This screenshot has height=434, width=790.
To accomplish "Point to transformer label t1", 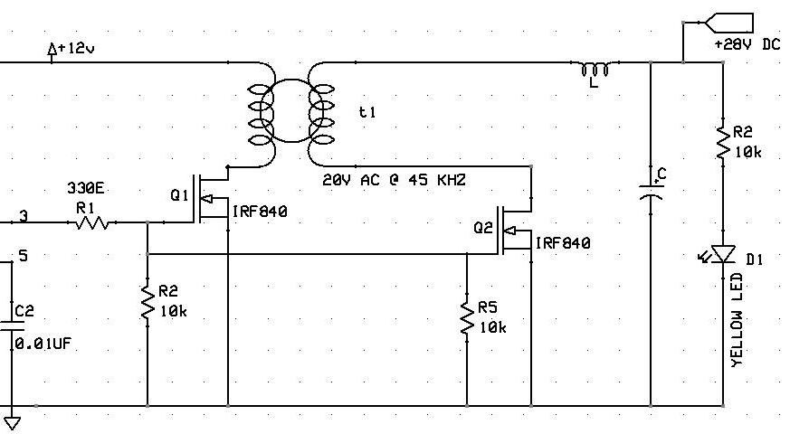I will coord(366,112).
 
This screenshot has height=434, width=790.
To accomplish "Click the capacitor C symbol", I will coord(652,188).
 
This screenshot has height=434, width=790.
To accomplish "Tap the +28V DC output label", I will coord(747,43).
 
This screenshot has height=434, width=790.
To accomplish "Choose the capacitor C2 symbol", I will coord(14,325).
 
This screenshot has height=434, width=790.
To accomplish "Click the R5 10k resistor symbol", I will coord(467,320).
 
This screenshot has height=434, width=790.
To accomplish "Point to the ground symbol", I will coord(13,420).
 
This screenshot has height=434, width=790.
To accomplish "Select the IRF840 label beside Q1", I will coord(260,212).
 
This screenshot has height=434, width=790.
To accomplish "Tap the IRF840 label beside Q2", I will coord(563,243).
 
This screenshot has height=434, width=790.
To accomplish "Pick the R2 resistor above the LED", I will coord(723,144).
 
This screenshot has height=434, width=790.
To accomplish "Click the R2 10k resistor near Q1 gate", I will coord(148,302).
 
